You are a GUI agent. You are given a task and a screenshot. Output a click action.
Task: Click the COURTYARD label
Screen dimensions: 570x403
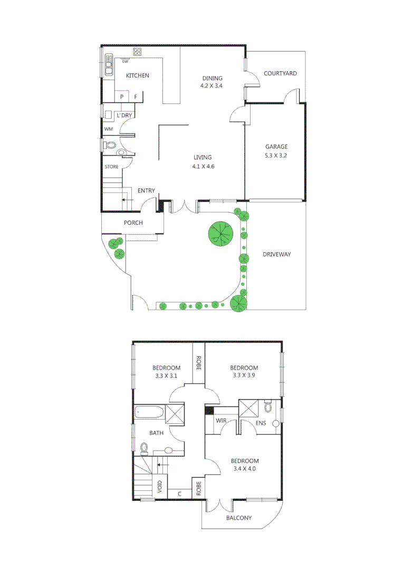click(280, 73)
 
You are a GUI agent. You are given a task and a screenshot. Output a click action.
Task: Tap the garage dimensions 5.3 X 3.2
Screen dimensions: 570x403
click(276, 156)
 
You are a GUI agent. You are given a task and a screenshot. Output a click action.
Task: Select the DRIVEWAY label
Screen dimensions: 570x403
click(277, 254)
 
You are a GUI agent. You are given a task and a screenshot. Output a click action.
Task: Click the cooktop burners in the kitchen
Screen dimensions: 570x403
click(138, 52)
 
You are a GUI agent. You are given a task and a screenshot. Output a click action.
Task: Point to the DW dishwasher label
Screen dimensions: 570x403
click(125, 62)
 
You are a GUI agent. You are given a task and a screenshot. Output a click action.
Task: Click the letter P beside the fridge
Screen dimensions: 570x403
click(122, 97)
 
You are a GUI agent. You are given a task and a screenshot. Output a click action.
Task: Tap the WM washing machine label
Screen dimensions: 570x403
click(108, 129)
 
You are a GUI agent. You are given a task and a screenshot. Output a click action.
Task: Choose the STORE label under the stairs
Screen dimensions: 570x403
click(111, 167)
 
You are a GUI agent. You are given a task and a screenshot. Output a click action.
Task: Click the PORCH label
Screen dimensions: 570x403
click(133, 223)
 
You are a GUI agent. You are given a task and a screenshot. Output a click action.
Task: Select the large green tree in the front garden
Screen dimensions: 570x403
click(220, 233)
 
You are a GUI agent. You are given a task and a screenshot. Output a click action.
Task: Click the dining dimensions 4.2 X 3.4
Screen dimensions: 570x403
click(212, 86)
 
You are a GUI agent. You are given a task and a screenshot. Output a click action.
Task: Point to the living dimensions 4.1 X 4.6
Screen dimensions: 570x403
click(203, 166)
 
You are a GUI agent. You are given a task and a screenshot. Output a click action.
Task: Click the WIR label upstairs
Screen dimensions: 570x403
click(221, 421)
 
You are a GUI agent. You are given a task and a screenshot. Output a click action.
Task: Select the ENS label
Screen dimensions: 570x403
click(261, 423)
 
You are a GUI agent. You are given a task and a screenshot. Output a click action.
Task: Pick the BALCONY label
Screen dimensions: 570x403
click(239, 518)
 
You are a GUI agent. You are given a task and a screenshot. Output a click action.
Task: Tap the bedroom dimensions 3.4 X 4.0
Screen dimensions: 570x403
click(244, 468)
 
